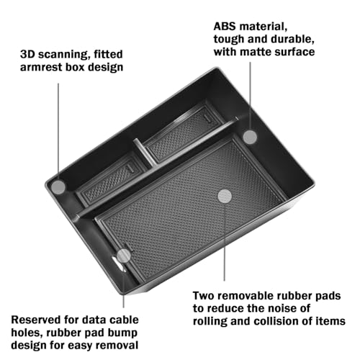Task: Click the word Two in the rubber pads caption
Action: pyautogui.click(x=203, y=296)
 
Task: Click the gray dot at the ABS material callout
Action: pyautogui.click(x=250, y=137)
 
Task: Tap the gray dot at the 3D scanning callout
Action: pyautogui.click(x=58, y=187)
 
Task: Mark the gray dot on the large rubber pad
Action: pyautogui.click(x=225, y=197)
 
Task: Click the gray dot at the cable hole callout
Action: pyautogui.click(x=124, y=256)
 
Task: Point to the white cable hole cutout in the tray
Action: pyautogui.click(x=118, y=264)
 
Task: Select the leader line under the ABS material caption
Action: pyautogui.click(x=250, y=96)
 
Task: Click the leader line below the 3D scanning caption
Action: pyautogui.click(x=58, y=132)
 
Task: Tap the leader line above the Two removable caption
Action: pyautogui.click(x=225, y=242)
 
